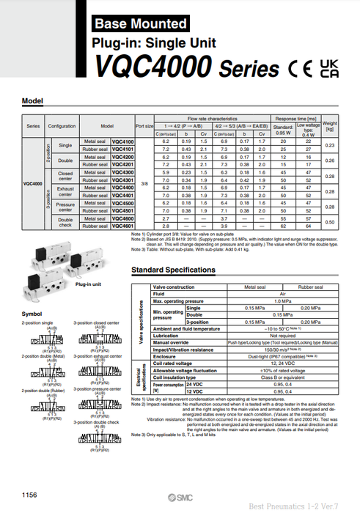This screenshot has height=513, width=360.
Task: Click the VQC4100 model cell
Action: point(121,141)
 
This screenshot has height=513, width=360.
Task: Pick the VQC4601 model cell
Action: point(121,226)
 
